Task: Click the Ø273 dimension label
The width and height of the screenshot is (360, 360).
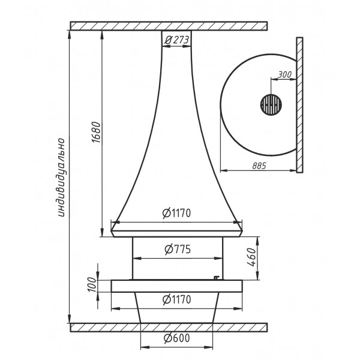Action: [176, 40]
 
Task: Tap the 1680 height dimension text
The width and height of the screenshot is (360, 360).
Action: [97, 133]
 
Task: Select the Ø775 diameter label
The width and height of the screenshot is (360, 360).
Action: [178, 249]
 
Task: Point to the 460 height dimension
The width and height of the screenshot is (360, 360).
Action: [252, 257]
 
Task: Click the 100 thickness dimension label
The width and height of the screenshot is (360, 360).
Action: [92, 284]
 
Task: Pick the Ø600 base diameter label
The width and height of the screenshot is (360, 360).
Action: [177, 338]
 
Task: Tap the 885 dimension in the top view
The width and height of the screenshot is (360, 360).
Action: [259, 166]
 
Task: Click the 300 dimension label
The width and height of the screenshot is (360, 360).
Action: [284, 74]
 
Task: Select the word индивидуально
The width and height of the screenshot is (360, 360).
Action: [61, 177]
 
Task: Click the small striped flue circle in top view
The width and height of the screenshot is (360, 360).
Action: [271, 105]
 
